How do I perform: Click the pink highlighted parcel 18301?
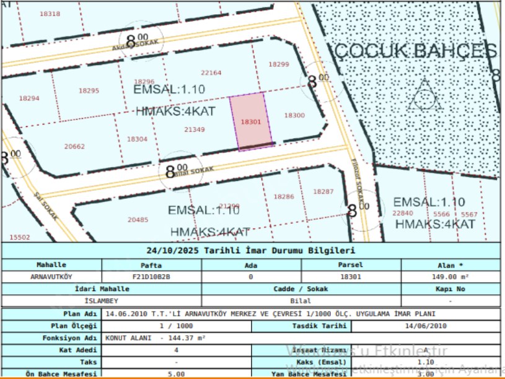click(x=251, y=122)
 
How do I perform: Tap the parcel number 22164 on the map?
click(x=211, y=72)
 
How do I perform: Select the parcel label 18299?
click(x=279, y=64)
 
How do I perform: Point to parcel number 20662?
click(x=74, y=147)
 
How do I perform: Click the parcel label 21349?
click(x=195, y=129)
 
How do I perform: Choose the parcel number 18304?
click(x=137, y=139)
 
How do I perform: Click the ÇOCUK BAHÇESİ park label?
click(x=415, y=51)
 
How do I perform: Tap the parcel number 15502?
click(x=20, y=237)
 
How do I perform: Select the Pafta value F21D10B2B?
click(x=151, y=277)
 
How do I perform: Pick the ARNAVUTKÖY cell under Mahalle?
click(x=51, y=277)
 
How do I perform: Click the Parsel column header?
click(x=351, y=265)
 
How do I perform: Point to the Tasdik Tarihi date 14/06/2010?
click(x=426, y=326)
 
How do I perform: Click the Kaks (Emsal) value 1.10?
click(x=426, y=362)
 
